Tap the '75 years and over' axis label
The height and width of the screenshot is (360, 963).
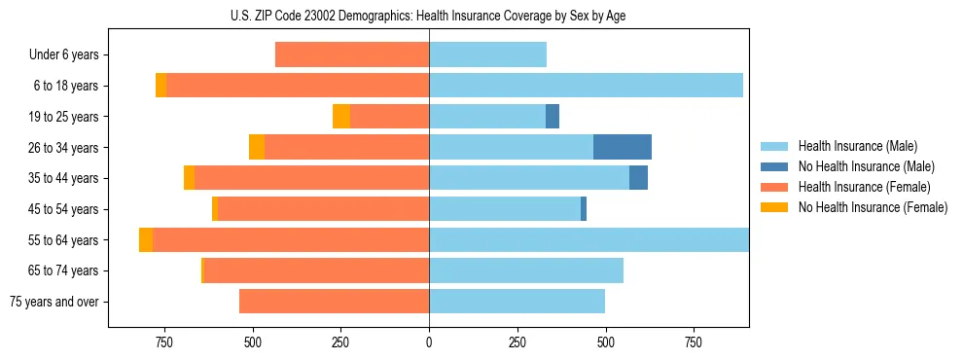click(x=53, y=302)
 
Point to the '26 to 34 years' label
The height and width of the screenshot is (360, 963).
click(x=63, y=147)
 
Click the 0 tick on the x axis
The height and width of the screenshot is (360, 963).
click(x=429, y=342)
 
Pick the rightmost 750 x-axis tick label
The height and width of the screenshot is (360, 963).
click(x=694, y=342)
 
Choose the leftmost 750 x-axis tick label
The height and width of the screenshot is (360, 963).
click(x=164, y=342)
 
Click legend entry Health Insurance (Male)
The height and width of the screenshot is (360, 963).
click(x=856, y=146)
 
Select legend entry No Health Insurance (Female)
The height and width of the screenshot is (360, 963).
click(x=873, y=207)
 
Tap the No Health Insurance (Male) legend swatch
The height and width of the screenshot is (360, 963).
click(x=775, y=166)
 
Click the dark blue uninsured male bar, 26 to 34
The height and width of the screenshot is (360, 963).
click(x=623, y=147)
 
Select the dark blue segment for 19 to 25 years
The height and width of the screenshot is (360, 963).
click(x=553, y=116)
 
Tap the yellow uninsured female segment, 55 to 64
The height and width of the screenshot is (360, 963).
click(x=146, y=239)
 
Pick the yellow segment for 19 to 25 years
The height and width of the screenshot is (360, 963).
click(x=341, y=116)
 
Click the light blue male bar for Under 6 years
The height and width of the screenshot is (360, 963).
click(x=487, y=54)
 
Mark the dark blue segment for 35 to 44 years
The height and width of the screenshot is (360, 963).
click(x=638, y=178)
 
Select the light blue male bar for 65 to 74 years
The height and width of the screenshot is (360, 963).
click(x=526, y=270)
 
